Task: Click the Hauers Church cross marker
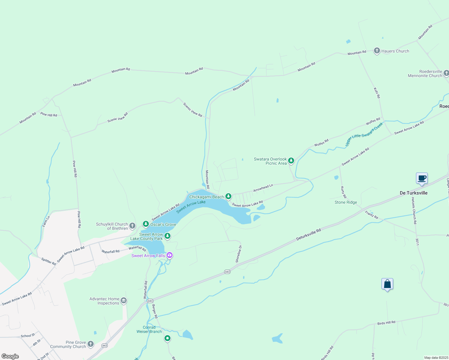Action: coord(377,51)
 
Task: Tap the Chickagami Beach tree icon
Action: coord(228,196)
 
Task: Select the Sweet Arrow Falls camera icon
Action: coord(170,255)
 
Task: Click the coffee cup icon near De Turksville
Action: coord(422,178)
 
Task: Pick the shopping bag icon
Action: coord(387,284)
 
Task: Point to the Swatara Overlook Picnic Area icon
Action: coord(291,161)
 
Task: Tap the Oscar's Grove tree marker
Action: coord(146,224)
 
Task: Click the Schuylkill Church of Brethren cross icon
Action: coord(132,226)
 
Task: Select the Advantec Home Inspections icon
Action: coord(123,301)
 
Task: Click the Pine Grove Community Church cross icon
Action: coord(91,344)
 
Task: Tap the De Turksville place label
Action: coord(414,193)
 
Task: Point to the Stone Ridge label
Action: coord(346,202)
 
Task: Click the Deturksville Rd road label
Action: coord(309,234)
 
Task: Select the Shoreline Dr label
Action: coord(239,254)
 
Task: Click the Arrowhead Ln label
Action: coord(263,188)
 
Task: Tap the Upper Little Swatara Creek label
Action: coord(364,134)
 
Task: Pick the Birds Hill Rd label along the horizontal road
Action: coord(386,323)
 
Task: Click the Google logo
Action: coord(10,356)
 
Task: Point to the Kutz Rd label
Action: coord(377,93)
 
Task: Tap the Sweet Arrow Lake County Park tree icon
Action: coord(167,236)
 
